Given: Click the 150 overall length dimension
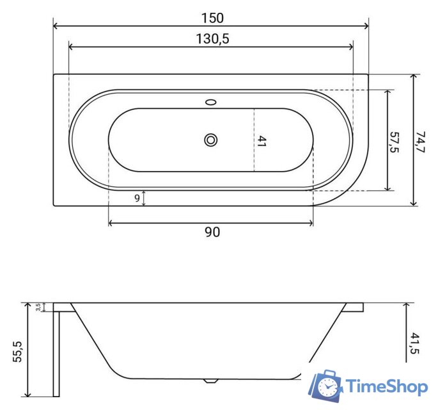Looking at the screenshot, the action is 212,18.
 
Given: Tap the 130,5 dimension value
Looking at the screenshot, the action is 212,38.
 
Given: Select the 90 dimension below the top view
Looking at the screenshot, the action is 212,232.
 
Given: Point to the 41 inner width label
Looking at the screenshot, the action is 262,142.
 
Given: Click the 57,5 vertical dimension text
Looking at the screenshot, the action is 395,142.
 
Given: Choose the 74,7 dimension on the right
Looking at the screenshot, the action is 420,142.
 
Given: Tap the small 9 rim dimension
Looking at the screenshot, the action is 137,198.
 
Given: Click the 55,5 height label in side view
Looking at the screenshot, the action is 18,352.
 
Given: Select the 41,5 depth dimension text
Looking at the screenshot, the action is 414,343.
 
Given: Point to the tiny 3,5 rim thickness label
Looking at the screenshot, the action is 38,307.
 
